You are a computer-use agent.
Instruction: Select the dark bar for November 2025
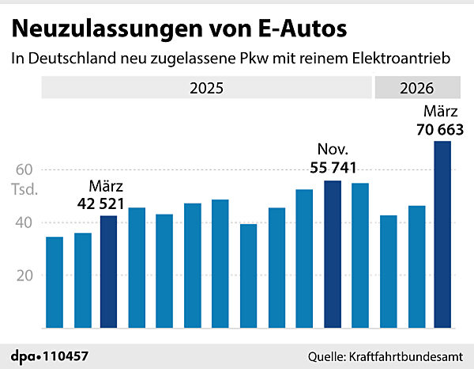(x=333, y=254)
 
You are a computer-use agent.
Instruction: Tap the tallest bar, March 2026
(x=443, y=234)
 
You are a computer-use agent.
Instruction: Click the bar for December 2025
(x=360, y=256)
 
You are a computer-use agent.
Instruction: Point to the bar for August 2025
(x=249, y=276)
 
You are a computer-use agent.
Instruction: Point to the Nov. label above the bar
(x=333, y=150)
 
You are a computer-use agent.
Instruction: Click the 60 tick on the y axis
(x=25, y=169)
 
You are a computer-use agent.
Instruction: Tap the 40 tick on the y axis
(x=25, y=223)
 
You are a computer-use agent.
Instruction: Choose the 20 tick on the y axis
(x=25, y=276)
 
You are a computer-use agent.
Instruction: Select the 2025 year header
(x=206, y=88)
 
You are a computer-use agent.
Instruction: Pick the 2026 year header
(x=417, y=88)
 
